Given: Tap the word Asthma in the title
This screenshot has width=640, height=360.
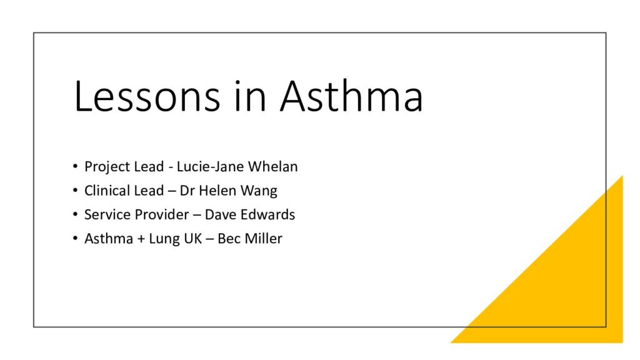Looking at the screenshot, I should point(352,97).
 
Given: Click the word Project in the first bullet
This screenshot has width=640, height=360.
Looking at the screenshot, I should point(104,167).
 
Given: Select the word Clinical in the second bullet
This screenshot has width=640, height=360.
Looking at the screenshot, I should point(107,191).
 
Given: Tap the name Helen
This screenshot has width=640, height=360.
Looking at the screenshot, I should point(215,191).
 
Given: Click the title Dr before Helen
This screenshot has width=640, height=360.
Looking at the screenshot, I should point(187,191).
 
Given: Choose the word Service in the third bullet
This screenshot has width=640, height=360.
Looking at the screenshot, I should point(104,214).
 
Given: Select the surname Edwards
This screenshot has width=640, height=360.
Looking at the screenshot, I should point(269,214).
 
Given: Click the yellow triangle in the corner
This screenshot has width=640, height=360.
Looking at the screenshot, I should point(575,294).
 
